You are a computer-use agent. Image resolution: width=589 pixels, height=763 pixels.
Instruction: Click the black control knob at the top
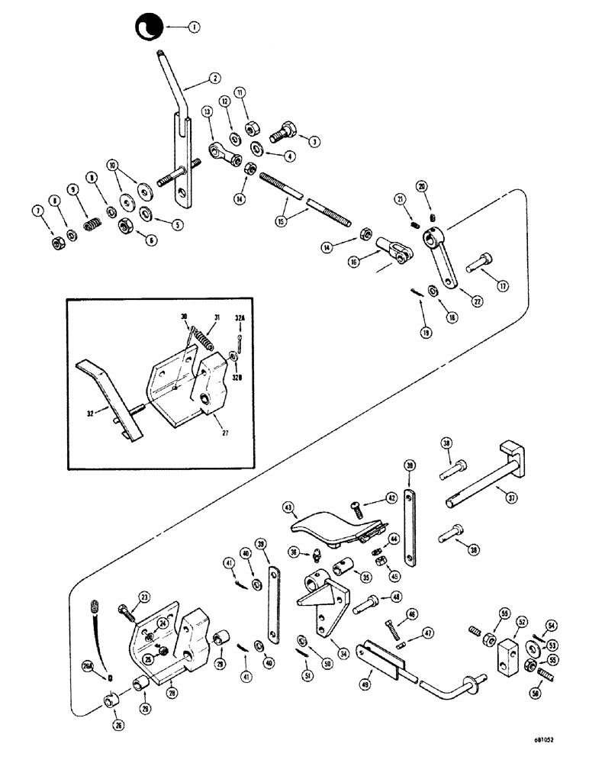145,28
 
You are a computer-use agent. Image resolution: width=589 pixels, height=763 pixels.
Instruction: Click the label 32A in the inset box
240,317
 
